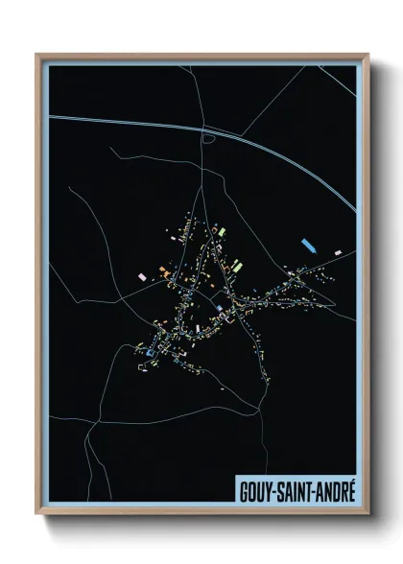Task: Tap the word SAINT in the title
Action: [x=296, y=488]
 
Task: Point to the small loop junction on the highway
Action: [x=207, y=138]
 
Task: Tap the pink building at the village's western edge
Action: [x=142, y=275]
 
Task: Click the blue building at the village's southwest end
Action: [x=150, y=354]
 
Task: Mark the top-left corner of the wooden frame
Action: [x=37, y=55]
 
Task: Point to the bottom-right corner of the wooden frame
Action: [x=367, y=513]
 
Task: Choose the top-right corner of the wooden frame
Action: [x=367, y=55]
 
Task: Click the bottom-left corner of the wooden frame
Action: [x=37, y=513]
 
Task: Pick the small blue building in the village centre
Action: [x=219, y=307]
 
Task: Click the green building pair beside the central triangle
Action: [x=233, y=262]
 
